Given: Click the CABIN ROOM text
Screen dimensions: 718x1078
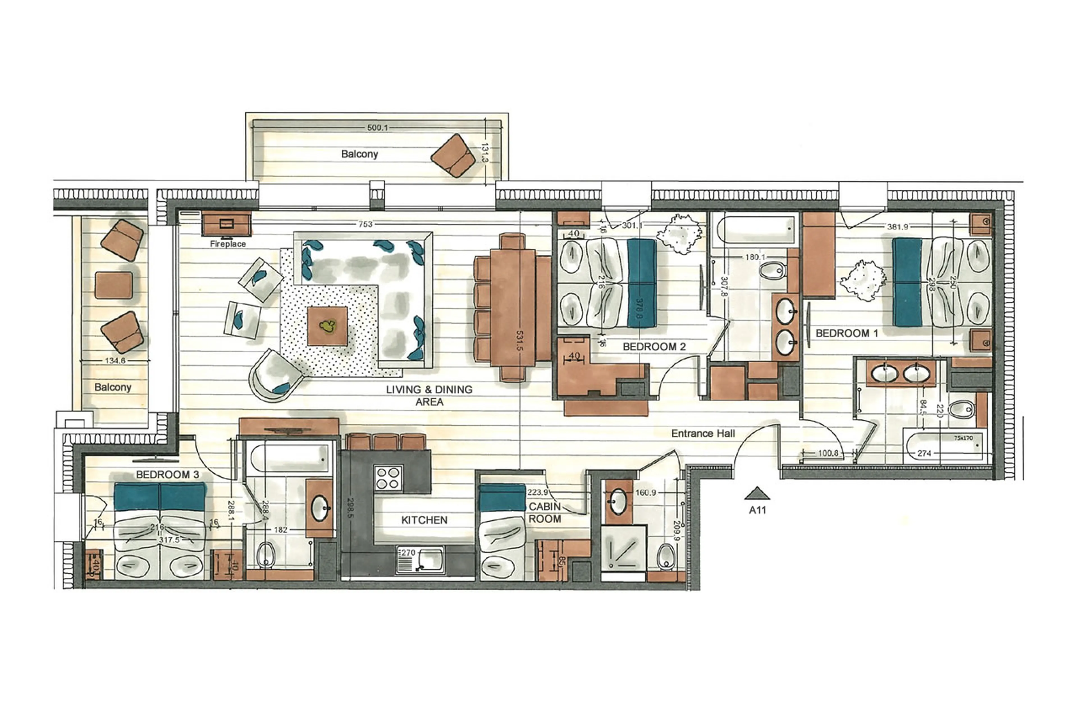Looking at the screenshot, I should tap(544, 513).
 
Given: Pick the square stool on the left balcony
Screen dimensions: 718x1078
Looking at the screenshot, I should tap(114, 285).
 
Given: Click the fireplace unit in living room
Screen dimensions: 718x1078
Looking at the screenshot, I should tap(226, 224).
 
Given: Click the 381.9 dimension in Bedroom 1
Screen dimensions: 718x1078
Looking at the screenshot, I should tap(897, 227).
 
